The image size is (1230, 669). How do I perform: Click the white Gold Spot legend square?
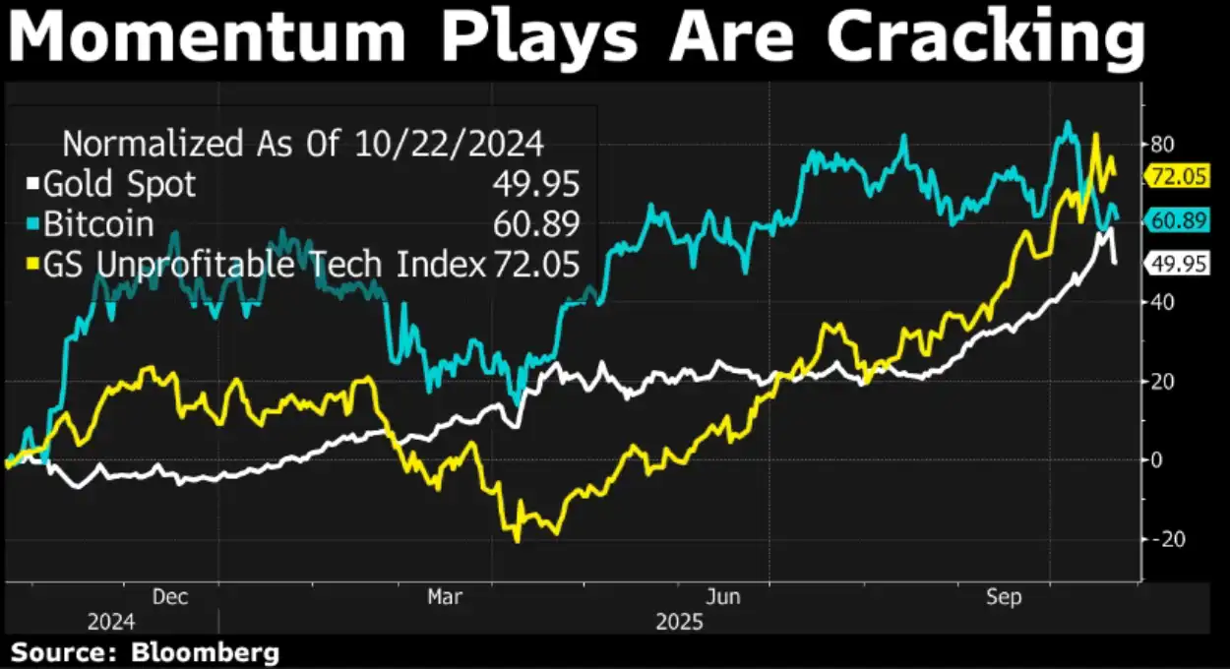coord(32,184)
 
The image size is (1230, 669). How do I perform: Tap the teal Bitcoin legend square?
coord(32,224)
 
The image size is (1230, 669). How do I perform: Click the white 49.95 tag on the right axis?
coord(1178,262)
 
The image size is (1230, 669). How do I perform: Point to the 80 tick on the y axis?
coord(1162,144)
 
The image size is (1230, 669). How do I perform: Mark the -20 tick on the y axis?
coord(1162,539)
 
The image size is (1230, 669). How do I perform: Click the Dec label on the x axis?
coord(169,597)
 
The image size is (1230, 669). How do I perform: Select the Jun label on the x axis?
coord(723,597)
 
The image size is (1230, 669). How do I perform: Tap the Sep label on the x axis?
coord(1004,597)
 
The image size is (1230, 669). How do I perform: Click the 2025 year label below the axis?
coord(679,623)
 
